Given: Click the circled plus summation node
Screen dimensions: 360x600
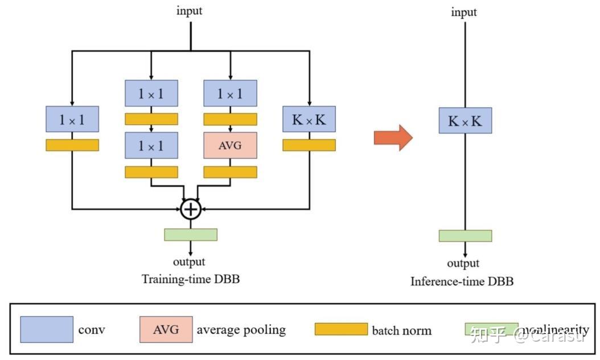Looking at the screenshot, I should (x=190, y=210).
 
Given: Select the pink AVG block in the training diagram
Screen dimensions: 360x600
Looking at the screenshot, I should (x=230, y=145).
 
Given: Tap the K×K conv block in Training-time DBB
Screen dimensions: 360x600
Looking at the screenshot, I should (x=309, y=120).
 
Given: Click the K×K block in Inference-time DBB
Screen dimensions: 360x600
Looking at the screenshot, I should (x=465, y=120).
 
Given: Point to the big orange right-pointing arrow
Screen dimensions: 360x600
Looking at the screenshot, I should (x=393, y=137).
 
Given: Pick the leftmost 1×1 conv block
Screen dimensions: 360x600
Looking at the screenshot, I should (x=72, y=120).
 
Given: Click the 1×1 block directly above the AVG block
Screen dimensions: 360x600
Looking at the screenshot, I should (x=230, y=93).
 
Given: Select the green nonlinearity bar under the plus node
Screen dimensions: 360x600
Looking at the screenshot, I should (x=191, y=234).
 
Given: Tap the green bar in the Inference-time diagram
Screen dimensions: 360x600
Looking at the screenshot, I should (x=465, y=236).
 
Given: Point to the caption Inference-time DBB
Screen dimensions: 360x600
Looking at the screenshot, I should (x=462, y=281).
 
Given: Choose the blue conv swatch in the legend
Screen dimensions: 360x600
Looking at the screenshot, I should (x=47, y=329).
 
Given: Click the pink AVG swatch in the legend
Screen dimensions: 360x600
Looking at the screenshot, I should (x=166, y=329).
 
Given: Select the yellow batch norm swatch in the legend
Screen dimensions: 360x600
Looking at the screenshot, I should (x=341, y=329).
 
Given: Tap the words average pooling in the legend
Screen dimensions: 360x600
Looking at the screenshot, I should (x=241, y=329).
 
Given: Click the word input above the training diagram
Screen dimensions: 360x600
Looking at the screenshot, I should (x=190, y=10).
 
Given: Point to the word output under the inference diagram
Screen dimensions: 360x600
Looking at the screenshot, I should (x=463, y=263).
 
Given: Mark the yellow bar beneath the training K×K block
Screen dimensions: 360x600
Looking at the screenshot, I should (x=309, y=145).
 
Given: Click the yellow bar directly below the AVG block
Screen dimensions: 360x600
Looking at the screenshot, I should (x=230, y=171).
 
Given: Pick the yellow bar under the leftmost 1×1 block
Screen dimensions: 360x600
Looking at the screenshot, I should (x=72, y=145).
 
